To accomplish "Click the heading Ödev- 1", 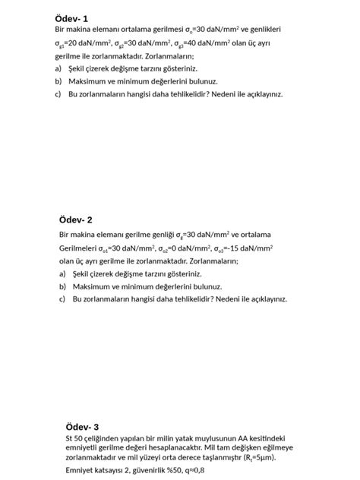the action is coord(71,17).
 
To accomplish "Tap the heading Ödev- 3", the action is coord(82,426).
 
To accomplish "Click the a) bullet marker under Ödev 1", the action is coord(58,68).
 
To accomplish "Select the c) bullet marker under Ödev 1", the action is coord(58,94).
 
